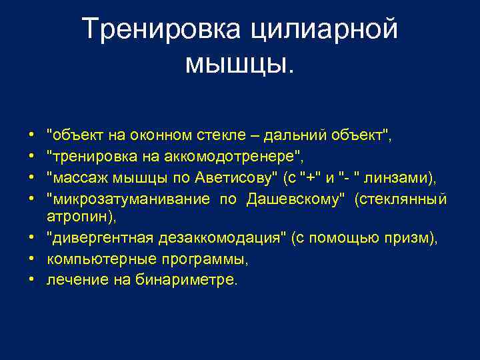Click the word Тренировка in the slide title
pyautogui.click(x=163, y=29)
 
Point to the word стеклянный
pyautogui.click(x=401, y=199)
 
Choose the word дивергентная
pyautogui.click(x=96, y=239)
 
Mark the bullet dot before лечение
pyautogui.click(x=32, y=280)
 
